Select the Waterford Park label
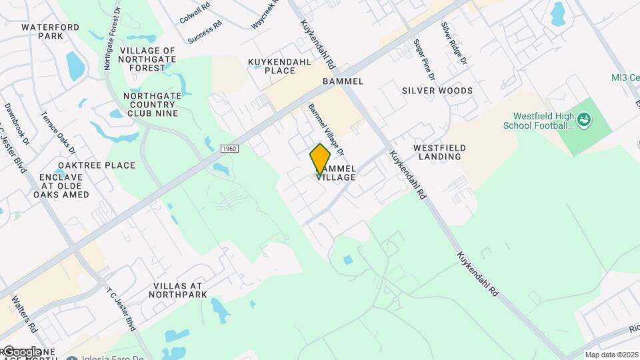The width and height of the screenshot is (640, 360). click(x=50, y=33)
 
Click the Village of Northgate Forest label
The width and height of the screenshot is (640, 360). click(x=148, y=59)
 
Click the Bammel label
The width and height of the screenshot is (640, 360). click(x=343, y=81)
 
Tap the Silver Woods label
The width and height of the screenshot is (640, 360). click(x=437, y=91)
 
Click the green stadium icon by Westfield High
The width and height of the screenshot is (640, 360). click(x=585, y=120)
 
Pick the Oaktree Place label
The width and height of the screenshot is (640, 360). click(x=97, y=165)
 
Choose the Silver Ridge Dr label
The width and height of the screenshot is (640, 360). click(x=453, y=43)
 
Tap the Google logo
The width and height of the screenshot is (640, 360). click(x=21, y=352)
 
